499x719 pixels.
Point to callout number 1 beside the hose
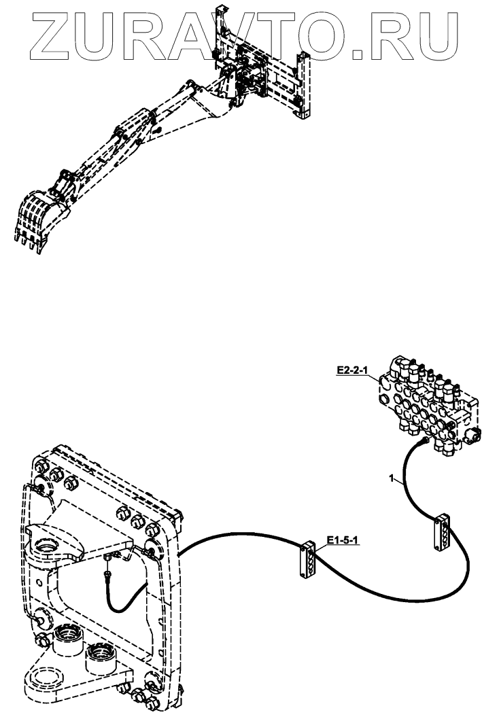[x=391, y=479]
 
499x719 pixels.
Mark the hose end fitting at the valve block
[x=424, y=442]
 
